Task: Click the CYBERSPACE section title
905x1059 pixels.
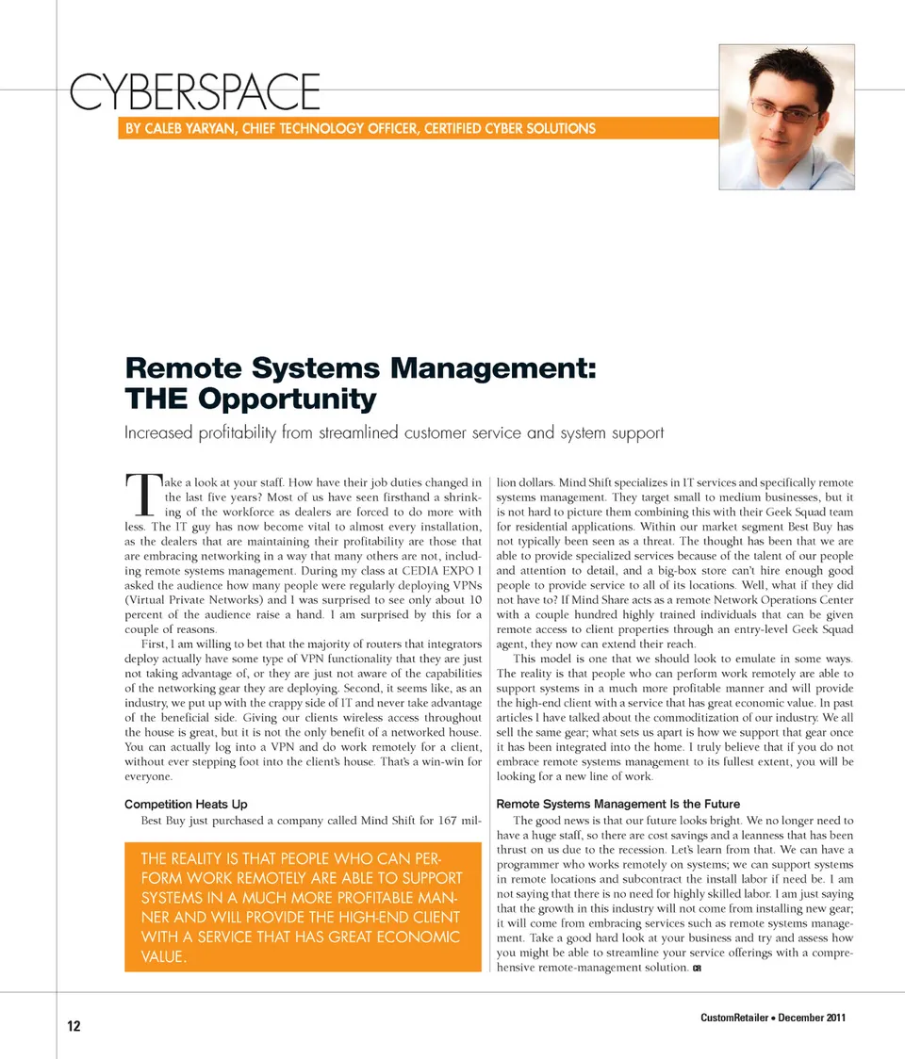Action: tap(195, 92)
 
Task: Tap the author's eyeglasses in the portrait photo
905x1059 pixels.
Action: tap(785, 110)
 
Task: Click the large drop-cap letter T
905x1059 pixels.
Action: tap(141, 497)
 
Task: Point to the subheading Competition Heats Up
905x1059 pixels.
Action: tap(186, 804)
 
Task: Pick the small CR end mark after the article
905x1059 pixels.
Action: tap(697, 969)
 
